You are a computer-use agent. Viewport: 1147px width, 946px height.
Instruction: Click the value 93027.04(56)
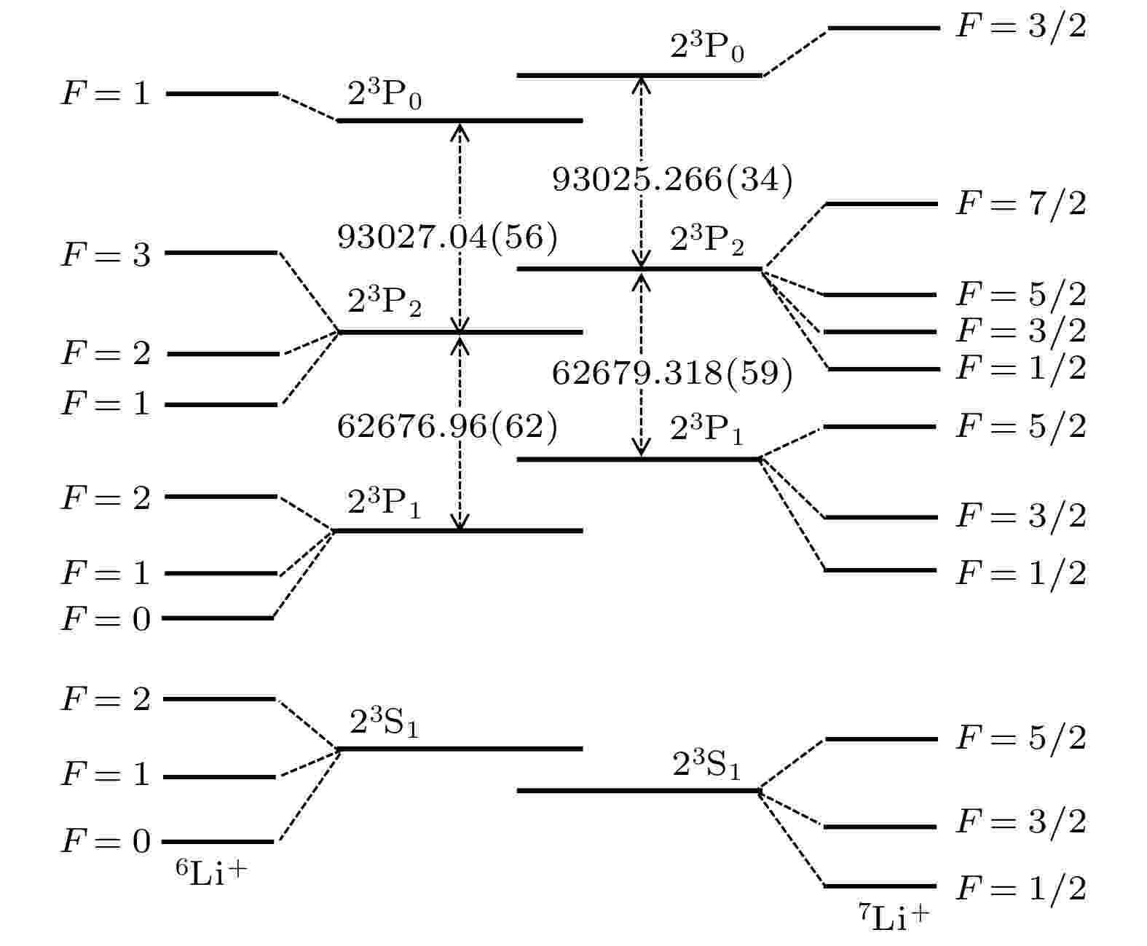[x=447, y=237]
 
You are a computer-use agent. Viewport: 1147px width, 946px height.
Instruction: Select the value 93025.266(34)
[x=672, y=179]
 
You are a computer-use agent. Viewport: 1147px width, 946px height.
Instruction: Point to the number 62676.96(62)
[x=447, y=426]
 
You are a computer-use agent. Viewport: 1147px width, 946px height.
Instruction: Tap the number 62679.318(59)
[x=672, y=373]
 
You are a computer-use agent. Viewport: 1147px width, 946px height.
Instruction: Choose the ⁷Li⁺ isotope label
[x=894, y=916]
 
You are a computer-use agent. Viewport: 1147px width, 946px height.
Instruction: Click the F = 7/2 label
[x=1021, y=204]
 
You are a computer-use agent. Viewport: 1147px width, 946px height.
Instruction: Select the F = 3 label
[x=106, y=254]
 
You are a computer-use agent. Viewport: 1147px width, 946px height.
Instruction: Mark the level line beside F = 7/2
[x=881, y=205]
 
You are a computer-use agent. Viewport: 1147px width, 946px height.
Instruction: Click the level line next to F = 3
[x=221, y=253]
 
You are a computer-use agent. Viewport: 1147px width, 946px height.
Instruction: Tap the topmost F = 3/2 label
[x=1021, y=25]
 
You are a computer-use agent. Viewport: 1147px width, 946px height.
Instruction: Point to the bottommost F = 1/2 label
[x=1021, y=888]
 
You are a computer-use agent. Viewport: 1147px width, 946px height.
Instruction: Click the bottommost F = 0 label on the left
[x=106, y=841]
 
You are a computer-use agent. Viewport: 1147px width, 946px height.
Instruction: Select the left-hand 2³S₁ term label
[x=384, y=721]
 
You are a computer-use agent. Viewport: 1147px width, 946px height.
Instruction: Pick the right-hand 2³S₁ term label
[x=706, y=764]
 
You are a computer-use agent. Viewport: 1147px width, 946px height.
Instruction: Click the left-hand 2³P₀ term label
[x=384, y=93]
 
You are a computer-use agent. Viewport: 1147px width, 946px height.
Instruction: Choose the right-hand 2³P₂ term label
[x=706, y=240]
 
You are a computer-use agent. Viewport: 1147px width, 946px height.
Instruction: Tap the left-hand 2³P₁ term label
[x=384, y=502]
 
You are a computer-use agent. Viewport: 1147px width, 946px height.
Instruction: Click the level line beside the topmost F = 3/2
[x=884, y=28]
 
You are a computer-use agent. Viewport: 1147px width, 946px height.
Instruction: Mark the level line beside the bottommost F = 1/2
[x=880, y=886]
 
